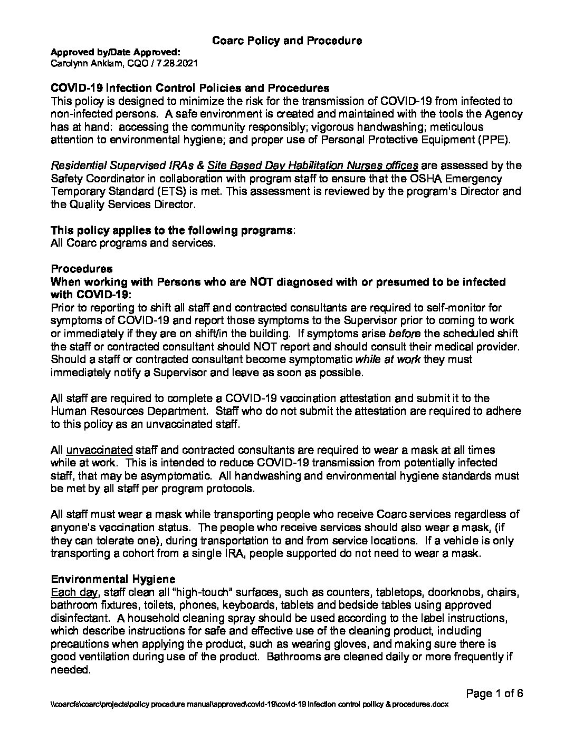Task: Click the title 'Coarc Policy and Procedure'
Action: click(286, 41)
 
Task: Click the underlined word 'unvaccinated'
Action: click(99, 450)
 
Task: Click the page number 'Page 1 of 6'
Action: click(494, 694)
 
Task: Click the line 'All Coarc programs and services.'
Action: click(133, 243)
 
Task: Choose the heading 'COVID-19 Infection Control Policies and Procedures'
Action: click(190, 88)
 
